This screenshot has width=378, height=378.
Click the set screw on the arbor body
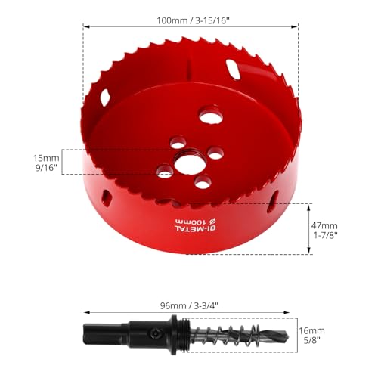[x=156, y=333]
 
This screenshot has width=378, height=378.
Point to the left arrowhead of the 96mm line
[x=85, y=311]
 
